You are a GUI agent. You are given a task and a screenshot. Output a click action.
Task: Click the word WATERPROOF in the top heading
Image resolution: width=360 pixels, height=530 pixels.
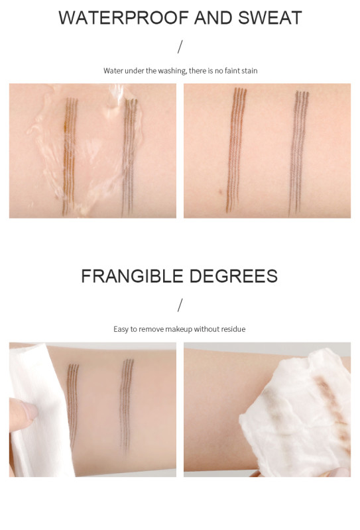[x=124, y=18]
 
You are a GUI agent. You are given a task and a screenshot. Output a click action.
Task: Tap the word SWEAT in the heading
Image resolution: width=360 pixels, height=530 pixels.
[x=270, y=18]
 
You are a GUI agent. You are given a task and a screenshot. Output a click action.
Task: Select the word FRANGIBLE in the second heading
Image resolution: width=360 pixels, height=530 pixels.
[x=133, y=276]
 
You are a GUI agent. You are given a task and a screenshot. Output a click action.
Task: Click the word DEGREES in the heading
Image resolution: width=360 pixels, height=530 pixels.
[x=233, y=276]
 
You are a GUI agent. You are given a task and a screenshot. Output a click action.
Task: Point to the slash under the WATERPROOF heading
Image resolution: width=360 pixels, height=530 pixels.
[x=180, y=46]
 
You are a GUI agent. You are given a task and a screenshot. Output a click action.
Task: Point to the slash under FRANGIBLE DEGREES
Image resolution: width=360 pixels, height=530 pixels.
[x=180, y=305]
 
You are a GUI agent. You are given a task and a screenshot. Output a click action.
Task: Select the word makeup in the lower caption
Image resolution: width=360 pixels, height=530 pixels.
[x=178, y=329]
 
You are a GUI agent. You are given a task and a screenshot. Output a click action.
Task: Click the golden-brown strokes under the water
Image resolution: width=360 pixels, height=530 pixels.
[x=70, y=156]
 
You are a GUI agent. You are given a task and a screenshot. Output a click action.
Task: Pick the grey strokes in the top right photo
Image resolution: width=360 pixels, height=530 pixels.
[x=298, y=152]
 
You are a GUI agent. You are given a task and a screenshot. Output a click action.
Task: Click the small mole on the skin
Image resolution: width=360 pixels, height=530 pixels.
[x=221, y=192]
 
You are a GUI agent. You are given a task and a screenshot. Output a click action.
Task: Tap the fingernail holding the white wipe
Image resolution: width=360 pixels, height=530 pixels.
[x=29, y=410]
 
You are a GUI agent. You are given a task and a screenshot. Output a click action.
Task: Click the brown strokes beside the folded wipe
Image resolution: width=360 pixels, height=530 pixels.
[x=73, y=405]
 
